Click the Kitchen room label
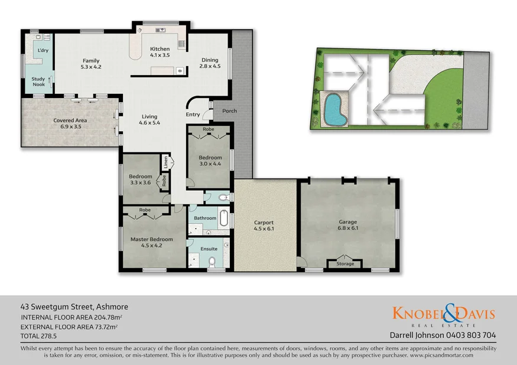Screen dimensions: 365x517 (x=160, y=49)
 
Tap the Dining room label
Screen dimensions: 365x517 (x=210, y=60)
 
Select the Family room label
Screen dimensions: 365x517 (x=91, y=61)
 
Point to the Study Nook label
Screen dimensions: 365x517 (x=38, y=82)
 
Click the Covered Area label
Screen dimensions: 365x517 (x=70, y=120)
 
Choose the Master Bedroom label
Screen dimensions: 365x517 (x=152, y=239)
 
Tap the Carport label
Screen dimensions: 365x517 (x=264, y=223)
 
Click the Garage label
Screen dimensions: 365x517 (x=348, y=222)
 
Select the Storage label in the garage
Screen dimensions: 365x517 (x=346, y=263)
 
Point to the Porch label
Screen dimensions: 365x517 (x=229, y=110)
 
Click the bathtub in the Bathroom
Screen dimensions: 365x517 (x=224, y=219)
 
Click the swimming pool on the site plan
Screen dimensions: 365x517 (x=334, y=110)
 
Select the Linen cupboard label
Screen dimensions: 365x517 (x=166, y=160)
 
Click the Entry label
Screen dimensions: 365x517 (x=193, y=115)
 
